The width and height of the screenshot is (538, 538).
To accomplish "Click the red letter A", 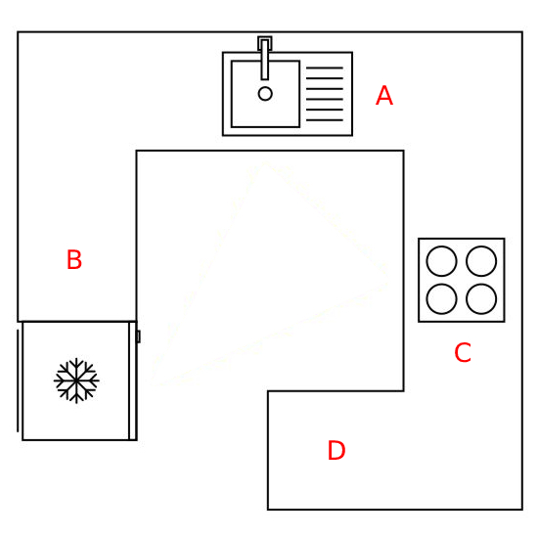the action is (x=384, y=95).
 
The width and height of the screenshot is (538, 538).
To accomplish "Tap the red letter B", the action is (x=74, y=259).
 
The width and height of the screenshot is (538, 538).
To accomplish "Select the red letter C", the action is (x=463, y=352).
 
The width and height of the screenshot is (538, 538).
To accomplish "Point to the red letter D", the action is (x=336, y=450).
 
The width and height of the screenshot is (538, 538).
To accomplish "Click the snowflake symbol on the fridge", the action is (x=76, y=381).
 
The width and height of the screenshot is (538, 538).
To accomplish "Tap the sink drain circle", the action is (x=265, y=93).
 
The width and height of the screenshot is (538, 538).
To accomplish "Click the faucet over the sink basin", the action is (x=265, y=60).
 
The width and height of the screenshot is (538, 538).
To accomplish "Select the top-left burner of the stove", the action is (x=441, y=261).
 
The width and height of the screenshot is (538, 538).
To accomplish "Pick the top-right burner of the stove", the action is (x=481, y=261).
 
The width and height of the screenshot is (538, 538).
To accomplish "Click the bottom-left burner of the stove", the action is (x=441, y=299).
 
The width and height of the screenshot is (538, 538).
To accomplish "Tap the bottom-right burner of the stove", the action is (x=481, y=299).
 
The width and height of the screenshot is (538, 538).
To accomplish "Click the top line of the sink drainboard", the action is (x=325, y=67).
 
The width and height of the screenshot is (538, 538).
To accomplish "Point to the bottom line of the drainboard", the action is (x=325, y=120).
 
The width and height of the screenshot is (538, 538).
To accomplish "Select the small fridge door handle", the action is (x=138, y=336).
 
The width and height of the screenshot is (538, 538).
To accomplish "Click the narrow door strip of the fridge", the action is (x=133, y=381).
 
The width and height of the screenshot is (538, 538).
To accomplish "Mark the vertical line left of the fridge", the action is (x=18, y=381).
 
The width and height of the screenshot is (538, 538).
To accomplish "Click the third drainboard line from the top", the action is (x=325, y=89).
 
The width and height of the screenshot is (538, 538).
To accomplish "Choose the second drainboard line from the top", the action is (x=325, y=78).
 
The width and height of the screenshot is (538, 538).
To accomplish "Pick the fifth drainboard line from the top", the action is (x=325, y=110).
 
